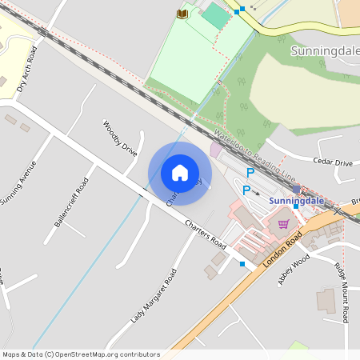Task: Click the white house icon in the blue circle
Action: click(180, 173)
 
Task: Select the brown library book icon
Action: click(182, 14)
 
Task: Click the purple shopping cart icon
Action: click(283, 223)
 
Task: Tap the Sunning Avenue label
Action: click(18, 183)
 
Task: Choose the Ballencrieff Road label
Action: click(71, 202)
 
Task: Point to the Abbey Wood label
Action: click(293, 270)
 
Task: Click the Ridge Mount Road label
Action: click(342, 292)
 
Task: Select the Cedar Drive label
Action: click(333, 162)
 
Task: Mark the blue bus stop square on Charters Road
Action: click(242, 263)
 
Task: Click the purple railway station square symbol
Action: click(297, 189)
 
